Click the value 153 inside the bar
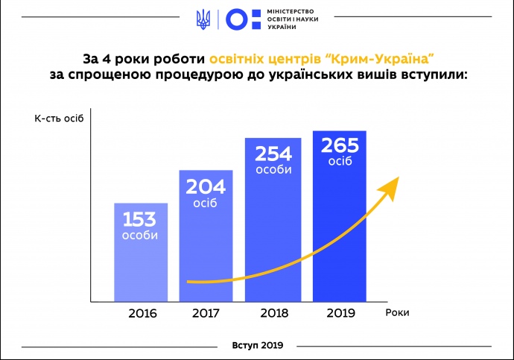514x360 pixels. tap(141, 221)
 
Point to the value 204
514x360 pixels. tap(205, 187)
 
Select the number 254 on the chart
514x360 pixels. tap(273, 154)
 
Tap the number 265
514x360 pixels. tap(340, 145)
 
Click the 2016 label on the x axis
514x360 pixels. tap(142, 313)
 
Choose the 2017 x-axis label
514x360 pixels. tap(206, 313)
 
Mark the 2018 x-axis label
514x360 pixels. tap(273, 313)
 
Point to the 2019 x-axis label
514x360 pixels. tap(340, 313)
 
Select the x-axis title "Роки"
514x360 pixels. tap(398, 313)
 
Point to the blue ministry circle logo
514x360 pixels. tap(238, 19)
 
